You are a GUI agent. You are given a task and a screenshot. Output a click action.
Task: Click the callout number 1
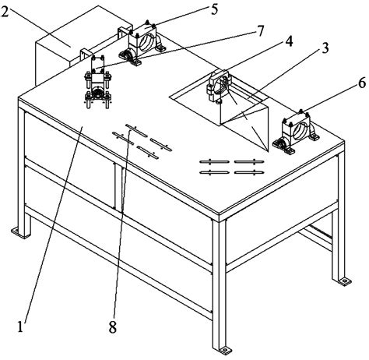pyautogui.click(x=20, y=326)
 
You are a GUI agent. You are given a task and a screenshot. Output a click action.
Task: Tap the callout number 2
pyautogui.click(x=5, y=11)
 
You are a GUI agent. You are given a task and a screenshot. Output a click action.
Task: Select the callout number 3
pyautogui.click(x=325, y=48)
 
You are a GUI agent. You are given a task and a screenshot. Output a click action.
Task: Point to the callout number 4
pyautogui.click(x=289, y=41)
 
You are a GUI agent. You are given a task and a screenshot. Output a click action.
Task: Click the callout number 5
pyautogui.click(x=214, y=9)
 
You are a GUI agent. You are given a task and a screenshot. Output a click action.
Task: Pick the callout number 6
pyautogui.click(x=362, y=83)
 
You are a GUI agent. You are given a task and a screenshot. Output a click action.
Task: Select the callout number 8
pyautogui.click(x=113, y=327)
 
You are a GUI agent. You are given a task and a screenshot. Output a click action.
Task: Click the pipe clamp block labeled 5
pyautogui.click(x=142, y=44)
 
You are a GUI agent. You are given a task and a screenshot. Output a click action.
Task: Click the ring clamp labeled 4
pyautogui.click(x=220, y=86)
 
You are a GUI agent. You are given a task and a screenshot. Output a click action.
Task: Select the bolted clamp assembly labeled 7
pyautogui.click(x=98, y=81)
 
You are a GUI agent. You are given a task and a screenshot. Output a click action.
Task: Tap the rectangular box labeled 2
pyautogui.click(x=78, y=44)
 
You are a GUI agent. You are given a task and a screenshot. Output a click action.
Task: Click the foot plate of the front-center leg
pyautogui.click(x=225, y=351)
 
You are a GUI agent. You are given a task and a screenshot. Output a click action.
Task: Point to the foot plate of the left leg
pyautogui.click(x=19, y=232)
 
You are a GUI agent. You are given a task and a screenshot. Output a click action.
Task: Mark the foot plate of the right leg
pyautogui.click(x=343, y=281)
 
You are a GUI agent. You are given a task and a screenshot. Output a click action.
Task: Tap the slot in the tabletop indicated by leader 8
pyautogui.click(x=136, y=130)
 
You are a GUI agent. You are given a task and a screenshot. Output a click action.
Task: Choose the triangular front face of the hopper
pyautogui.click(x=248, y=126)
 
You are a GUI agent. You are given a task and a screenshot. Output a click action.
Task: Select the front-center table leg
pyautogui.click(x=220, y=286)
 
